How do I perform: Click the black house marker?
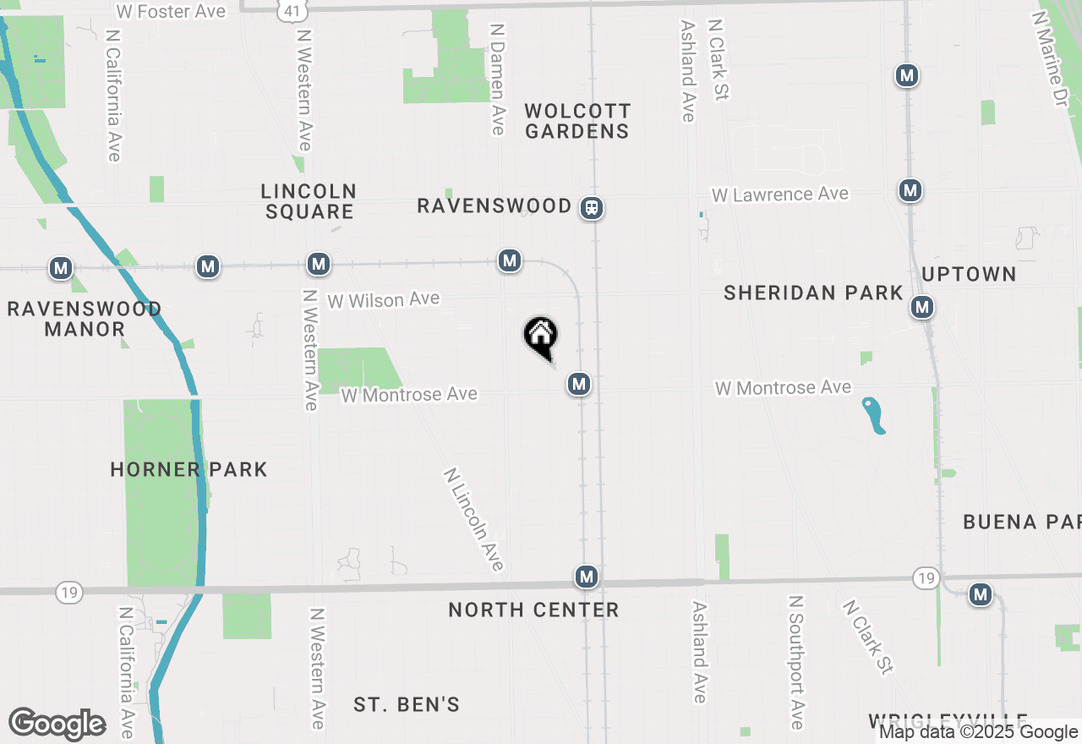pos(541,336)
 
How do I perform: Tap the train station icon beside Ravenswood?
pos(592,207)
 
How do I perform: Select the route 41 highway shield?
pos(291,10)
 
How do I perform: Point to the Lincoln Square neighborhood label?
pos(309,201)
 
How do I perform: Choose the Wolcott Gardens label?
pos(577,121)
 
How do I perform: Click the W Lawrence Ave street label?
pos(779,194)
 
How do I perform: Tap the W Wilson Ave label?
pos(384,299)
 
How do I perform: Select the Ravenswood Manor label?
pos(85,319)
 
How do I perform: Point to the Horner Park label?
pos(189,469)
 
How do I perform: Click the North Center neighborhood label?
pos(533,610)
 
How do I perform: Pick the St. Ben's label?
pos(407,704)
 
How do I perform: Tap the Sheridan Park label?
pos(813,293)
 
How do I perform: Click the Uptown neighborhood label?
pos(969,274)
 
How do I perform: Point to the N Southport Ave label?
pos(795,662)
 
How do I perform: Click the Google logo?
pos(57,724)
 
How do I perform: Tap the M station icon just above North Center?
pos(587,577)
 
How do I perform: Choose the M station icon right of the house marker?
pos(579,385)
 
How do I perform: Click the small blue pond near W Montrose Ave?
pos(874,415)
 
